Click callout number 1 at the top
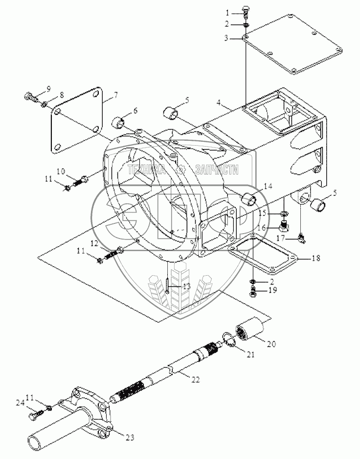(227, 13)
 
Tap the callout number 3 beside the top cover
(226, 38)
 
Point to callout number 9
(48, 88)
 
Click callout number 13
(186, 286)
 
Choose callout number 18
(316, 258)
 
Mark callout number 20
(271, 344)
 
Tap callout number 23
(130, 437)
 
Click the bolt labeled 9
(30, 96)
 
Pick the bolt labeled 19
(253, 292)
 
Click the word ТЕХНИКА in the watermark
(146, 170)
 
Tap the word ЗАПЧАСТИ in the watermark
(217, 170)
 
